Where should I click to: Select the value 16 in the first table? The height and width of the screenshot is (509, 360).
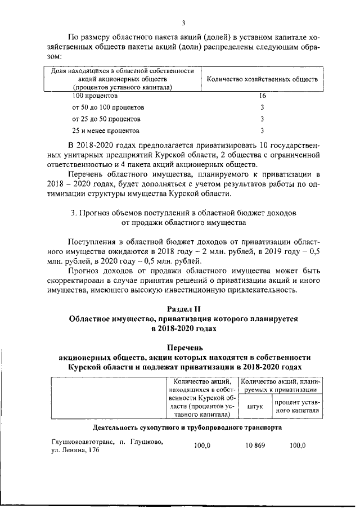(262, 96)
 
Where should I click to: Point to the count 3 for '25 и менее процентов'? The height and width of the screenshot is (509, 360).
(262, 131)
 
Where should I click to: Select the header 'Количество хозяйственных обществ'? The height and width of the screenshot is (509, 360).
(262, 79)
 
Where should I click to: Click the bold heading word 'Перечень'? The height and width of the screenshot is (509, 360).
(183, 348)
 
